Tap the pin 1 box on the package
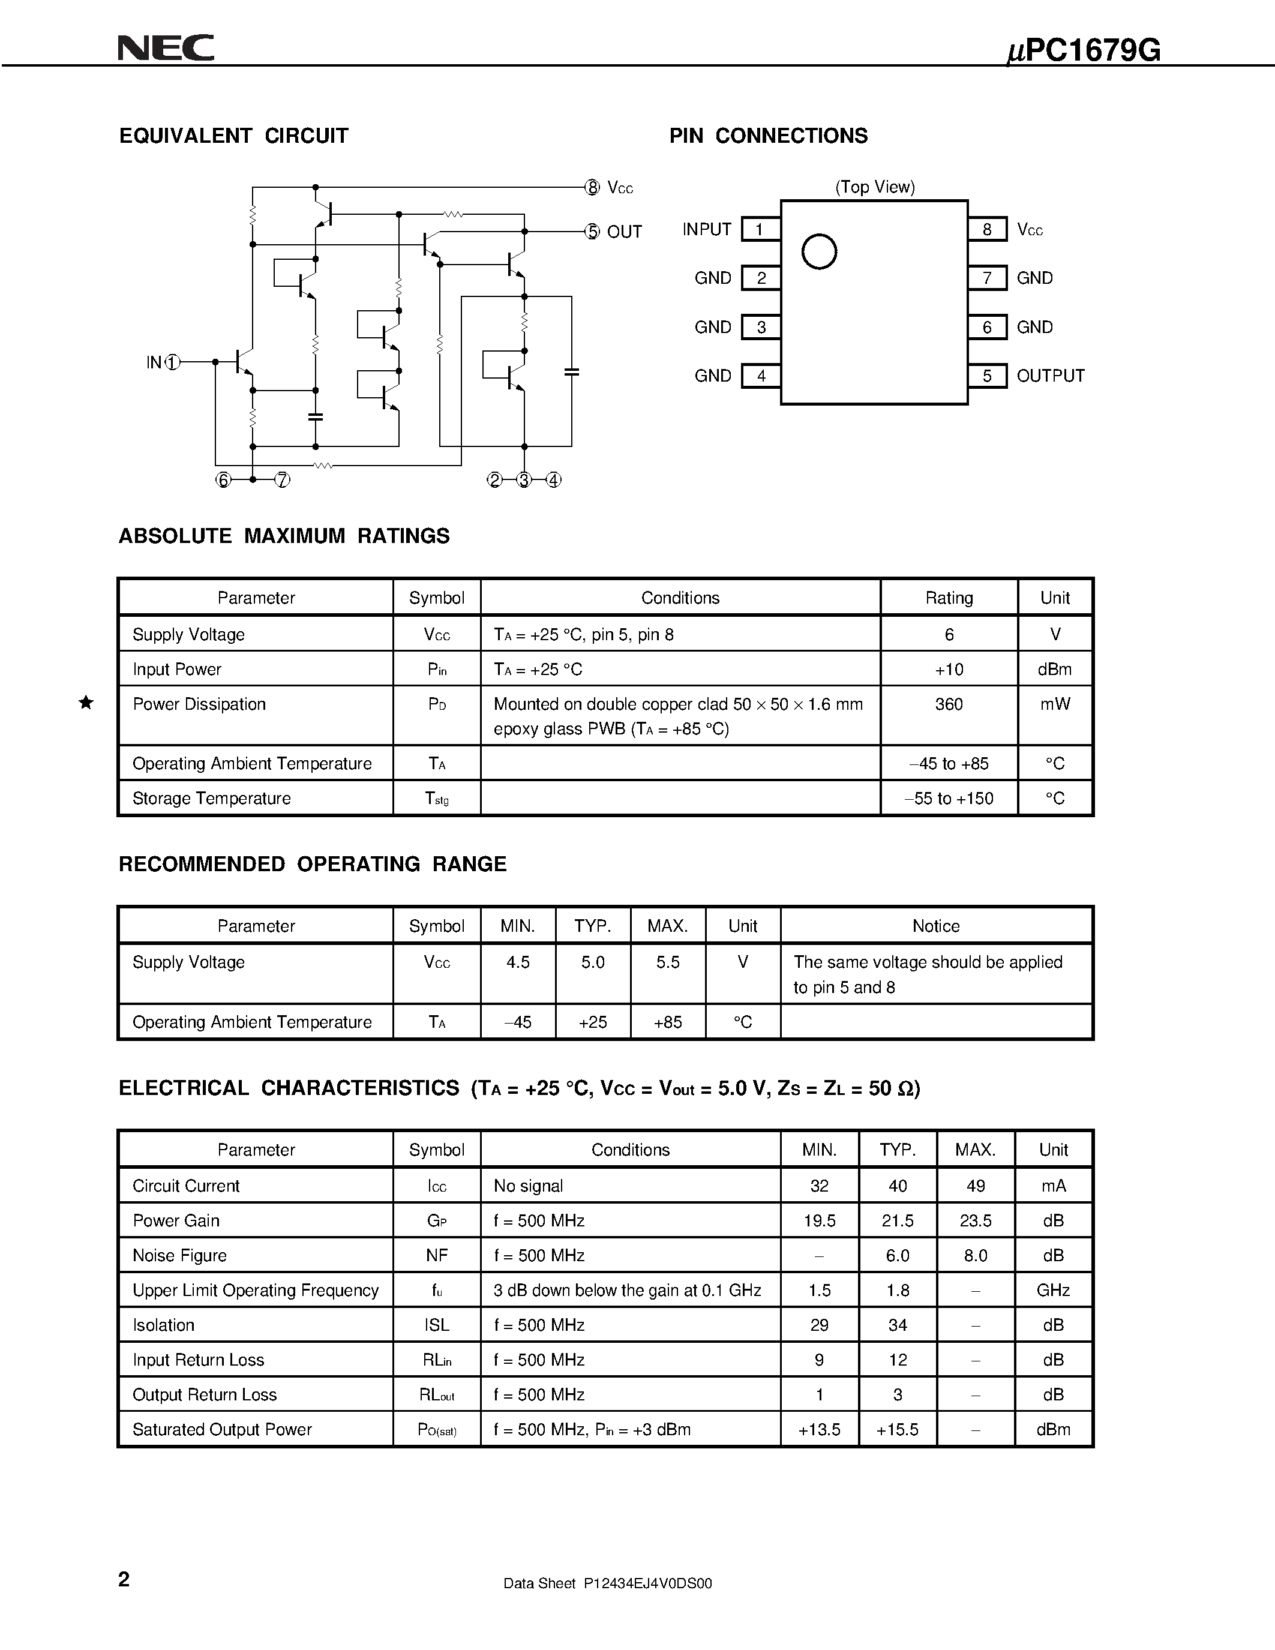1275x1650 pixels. tap(760, 229)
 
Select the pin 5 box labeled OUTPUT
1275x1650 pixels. tap(986, 376)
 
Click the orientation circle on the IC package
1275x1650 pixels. tap(819, 251)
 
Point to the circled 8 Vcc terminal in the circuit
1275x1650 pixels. tap(592, 187)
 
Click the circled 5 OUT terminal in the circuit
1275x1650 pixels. tap(592, 232)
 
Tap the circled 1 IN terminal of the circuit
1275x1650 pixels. tap(173, 362)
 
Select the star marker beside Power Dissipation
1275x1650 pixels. tap(86, 703)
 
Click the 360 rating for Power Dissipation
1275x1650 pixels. tap(949, 704)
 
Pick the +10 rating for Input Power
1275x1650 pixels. tap(949, 670)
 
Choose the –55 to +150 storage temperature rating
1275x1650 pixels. tap(949, 799)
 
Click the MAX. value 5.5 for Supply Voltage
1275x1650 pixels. tap(668, 962)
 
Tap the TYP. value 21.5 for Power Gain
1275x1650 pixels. tap(898, 1220)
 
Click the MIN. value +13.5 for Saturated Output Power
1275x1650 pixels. tap(819, 1429)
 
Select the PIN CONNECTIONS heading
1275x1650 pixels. tap(768, 136)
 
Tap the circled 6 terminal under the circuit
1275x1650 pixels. tap(223, 480)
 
